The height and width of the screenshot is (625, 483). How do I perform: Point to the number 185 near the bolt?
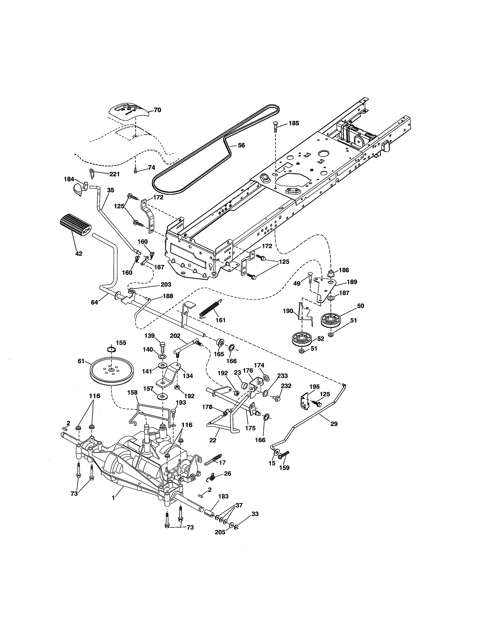coord(294,123)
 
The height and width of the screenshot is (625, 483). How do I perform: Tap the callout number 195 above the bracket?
coord(314,387)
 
